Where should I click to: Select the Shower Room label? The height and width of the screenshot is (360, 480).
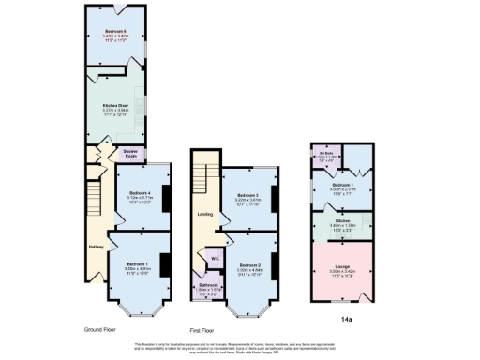(131, 152)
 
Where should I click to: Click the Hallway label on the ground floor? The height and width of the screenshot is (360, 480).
(94, 247)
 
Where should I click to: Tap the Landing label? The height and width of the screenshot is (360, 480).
(204, 214)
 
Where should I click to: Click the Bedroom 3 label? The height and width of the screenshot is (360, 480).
(247, 194)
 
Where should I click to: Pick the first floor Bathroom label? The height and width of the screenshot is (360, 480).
(208, 284)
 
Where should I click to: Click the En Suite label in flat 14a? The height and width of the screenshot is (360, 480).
(325, 152)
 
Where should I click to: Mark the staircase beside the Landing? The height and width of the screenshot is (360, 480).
(200, 174)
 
